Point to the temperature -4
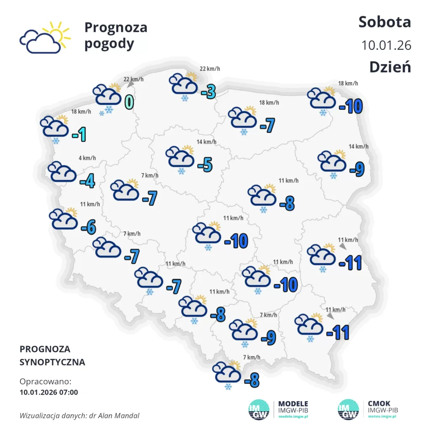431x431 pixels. pyautogui.click(x=87, y=182)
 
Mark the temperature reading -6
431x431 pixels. pyautogui.click(x=88, y=228)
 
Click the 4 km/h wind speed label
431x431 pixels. pyautogui.click(x=87, y=158)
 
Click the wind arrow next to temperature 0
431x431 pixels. pyautogui.click(x=130, y=84)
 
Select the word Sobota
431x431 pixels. pyautogui.click(x=384, y=22)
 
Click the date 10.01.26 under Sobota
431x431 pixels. pyautogui.click(x=386, y=45)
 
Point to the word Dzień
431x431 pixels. pyautogui.click(x=390, y=67)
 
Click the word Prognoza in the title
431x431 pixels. pyautogui.click(x=116, y=27)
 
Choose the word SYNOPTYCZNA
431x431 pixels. pyautogui.click(x=52, y=362)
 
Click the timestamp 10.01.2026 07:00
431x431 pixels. pyautogui.click(x=49, y=392)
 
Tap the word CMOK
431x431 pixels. pyautogui.click(x=379, y=403)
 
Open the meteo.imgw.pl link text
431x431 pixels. pyautogui.click(x=382, y=416)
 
